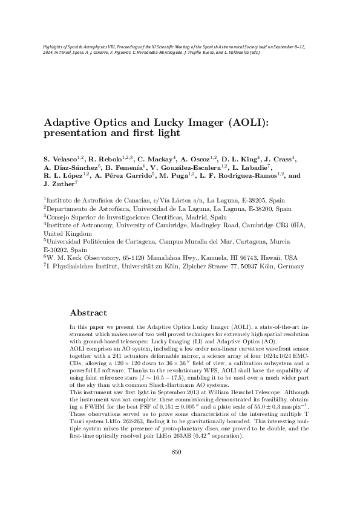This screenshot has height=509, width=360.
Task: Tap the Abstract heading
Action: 88,313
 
